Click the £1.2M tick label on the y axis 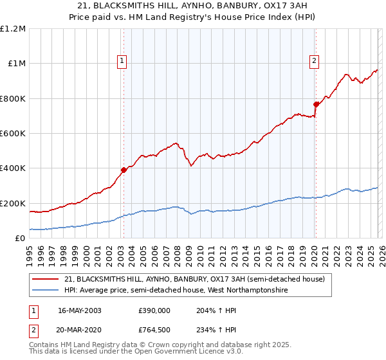pyautogui.click(x=13, y=29)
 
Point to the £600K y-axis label pyautogui.click(x=13, y=134)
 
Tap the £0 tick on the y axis pyautogui.click(x=20, y=239)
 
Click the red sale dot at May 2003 pyautogui.click(x=124, y=170)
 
